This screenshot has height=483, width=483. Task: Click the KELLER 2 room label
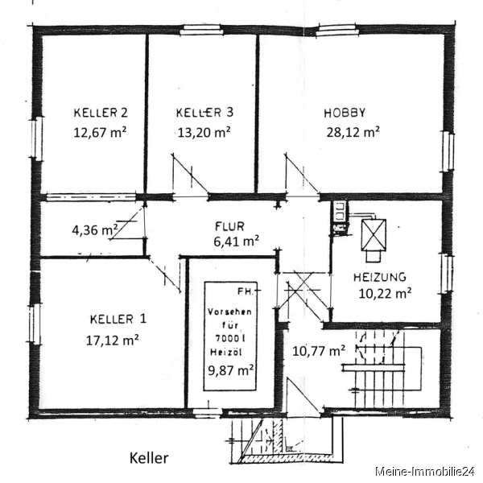click(101, 113)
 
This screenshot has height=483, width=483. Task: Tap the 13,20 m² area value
click(204, 133)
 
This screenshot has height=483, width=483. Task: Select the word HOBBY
click(345, 113)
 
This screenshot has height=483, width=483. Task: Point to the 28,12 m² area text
click(353, 132)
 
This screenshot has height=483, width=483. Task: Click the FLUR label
click(229, 227)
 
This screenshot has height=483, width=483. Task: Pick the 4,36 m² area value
click(95, 229)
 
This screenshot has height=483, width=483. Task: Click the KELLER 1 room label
click(118, 319)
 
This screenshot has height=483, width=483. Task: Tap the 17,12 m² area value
click(113, 341)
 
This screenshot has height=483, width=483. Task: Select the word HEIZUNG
click(379, 278)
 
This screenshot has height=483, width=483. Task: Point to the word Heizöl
click(225, 352)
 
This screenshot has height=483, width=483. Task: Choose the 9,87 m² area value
click(231, 370)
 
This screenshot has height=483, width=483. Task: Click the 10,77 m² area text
click(319, 351)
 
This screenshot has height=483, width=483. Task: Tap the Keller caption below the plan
click(149, 458)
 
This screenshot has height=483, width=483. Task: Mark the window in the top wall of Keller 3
click(201, 30)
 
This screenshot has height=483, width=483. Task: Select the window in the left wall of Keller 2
click(38, 138)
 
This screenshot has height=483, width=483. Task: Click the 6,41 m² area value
click(236, 242)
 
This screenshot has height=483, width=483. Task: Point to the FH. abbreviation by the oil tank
click(246, 291)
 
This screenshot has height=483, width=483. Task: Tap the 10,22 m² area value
click(385, 294)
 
